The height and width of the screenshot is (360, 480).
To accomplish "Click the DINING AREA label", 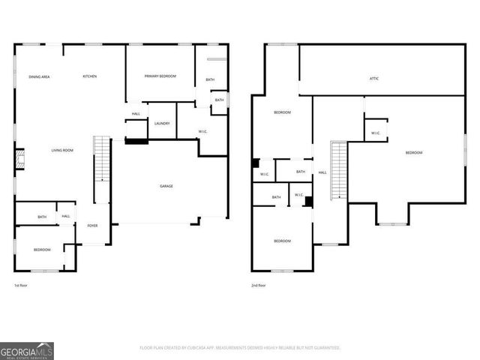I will click(x=39, y=76).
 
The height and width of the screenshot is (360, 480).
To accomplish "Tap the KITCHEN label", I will click(x=89, y=76).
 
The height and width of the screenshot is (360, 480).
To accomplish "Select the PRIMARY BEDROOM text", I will click(x=160, y=76).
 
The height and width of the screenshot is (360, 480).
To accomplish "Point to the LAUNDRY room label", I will click(x=161, y=124).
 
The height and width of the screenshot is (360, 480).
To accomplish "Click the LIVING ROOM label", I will click(x=62, y=151).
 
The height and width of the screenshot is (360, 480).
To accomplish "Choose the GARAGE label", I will click(x=166, y=186).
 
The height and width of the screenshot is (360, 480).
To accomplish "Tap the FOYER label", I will click(x=92, y=225).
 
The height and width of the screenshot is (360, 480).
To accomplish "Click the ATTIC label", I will click(x=373, y=77).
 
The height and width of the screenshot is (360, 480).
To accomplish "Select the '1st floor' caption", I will click(x=22, y=286).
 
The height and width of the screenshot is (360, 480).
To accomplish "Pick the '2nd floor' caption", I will click(x=259, y=286).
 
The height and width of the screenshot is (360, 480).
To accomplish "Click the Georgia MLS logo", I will click(x=27, y=350).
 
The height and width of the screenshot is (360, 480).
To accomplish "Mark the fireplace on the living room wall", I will click(x=20, y=158).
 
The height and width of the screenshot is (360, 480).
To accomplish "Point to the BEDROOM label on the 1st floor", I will click(x=42, y=249).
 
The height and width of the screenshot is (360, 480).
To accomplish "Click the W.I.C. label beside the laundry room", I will click(x=202, y=132).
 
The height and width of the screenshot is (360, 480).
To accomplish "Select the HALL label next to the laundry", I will click(x=136, y=114).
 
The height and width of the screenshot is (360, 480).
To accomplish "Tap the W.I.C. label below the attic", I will click(x=375, y=133).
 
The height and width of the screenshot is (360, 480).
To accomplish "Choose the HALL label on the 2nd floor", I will click(x=322, y=172).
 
